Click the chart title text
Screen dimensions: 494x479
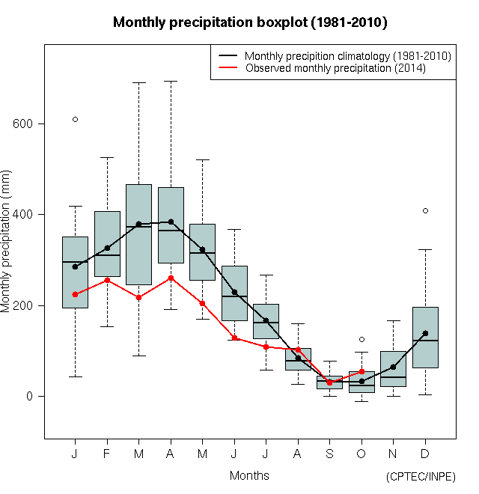click(x=249, y=22)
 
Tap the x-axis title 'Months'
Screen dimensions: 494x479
click(x=249, y=475)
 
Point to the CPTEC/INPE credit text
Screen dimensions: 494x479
click(x=421, y=477)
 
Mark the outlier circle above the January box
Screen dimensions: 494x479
click(x=75, y=119)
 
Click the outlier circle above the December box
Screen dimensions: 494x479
click(x=425, y=210)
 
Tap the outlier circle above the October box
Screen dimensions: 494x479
click(x=361, y=339)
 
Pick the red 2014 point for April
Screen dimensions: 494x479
click(x=171, y=278)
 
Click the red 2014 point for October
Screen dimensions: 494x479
click(x=361, y=371)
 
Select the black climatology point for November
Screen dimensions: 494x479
click(x=393, y=367)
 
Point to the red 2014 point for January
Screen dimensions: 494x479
click(x=75, y=294)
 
